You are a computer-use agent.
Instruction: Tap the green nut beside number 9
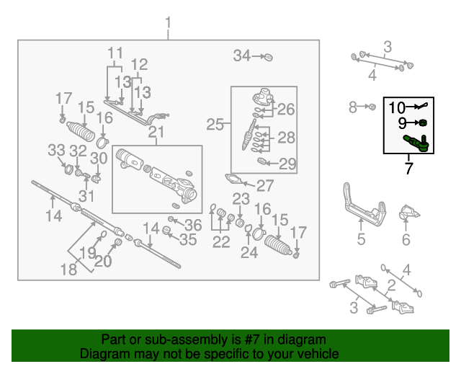(423, 123)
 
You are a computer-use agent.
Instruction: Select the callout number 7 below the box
(408, 168)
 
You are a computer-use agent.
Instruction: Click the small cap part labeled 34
(268, 57)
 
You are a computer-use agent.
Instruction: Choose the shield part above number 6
(408, 212)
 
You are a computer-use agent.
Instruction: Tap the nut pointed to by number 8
(372, 107)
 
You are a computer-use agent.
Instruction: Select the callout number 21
(156, 132)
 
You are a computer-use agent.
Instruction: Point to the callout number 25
(215, 124)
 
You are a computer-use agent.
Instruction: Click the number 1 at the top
(168, 23)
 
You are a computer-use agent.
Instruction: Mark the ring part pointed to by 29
(261, 161)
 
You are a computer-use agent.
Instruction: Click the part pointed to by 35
(167, 230)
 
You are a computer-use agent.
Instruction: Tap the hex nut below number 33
(69, 169)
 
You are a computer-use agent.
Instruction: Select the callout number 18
(68, 270)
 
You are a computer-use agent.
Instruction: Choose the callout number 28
(286, 138)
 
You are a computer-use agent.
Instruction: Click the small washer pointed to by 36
(171, 219)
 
